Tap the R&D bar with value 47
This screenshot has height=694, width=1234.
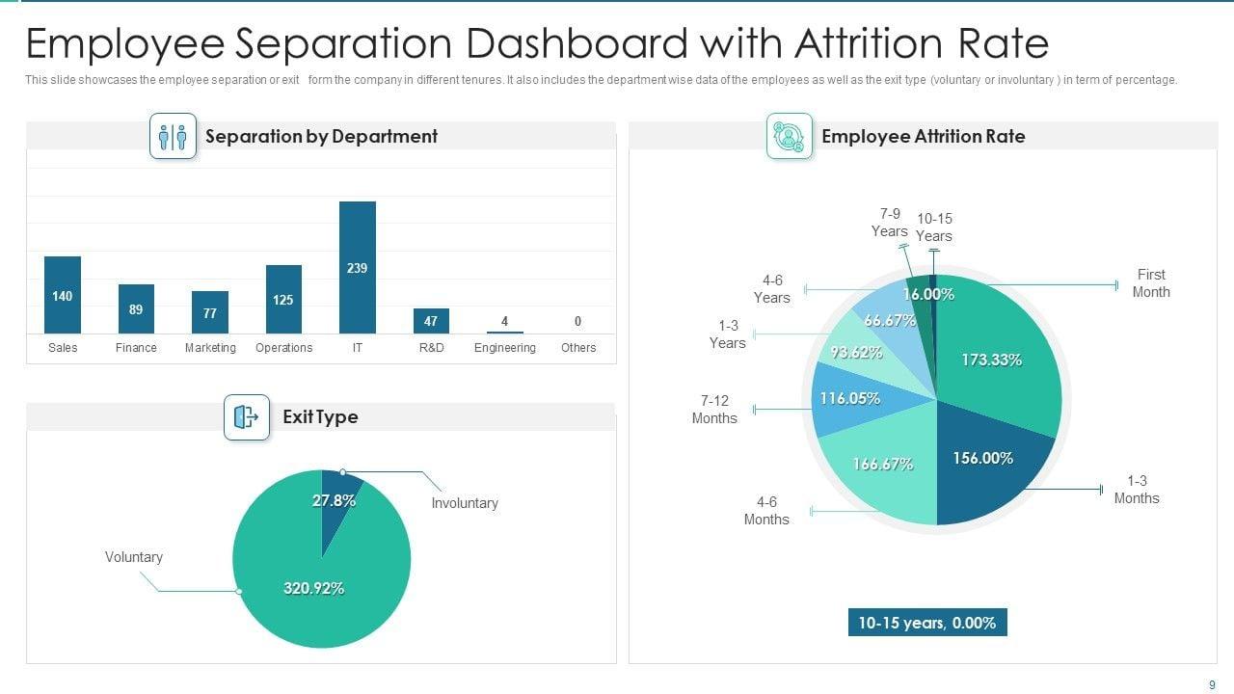pos(431,321)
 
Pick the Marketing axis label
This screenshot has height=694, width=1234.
pos(210,348)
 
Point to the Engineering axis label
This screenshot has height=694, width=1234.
pos(504,348)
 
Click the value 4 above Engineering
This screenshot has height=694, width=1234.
pos(504,321)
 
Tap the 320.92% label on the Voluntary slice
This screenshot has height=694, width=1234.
pos(313,588)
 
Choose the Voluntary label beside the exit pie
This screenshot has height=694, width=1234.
pos(134,557)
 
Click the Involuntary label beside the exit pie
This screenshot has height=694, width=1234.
pos(465,503)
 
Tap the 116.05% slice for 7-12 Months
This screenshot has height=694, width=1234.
pos(848,398)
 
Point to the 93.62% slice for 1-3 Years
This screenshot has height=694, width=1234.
pos(856,353)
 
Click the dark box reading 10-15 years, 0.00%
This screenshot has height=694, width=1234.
pos(926,623)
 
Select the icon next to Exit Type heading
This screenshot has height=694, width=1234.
pos(247,417)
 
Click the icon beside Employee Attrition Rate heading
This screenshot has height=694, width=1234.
pos(790,136)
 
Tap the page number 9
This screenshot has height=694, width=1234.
pos(1212,685)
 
